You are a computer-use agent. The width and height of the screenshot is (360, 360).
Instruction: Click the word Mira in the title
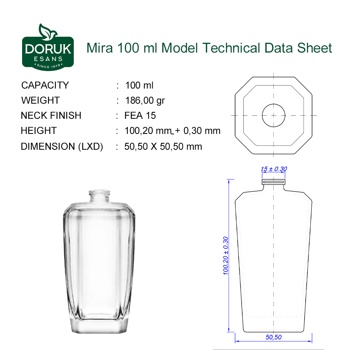[100, 48]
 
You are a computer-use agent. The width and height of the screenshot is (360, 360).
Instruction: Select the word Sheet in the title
[315, 48]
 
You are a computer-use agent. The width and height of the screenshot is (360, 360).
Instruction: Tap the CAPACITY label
[45, 85]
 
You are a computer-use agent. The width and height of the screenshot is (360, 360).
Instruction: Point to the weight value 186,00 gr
[145, 100]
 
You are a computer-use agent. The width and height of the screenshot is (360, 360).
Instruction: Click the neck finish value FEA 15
[140, 116]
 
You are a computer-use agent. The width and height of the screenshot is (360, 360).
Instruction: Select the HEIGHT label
[39, 131]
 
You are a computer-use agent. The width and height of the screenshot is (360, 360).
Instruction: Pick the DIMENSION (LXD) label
[62, 147]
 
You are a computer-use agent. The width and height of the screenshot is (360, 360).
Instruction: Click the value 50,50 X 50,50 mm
[163, 147]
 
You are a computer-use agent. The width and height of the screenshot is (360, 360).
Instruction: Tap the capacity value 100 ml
[139, 85]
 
